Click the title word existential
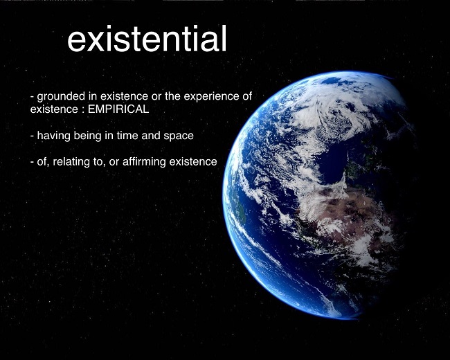click(147, 39)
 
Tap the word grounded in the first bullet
click(61, 97)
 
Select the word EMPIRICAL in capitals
click(118, 109)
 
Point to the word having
click(54, 136)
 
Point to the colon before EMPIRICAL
click(82, 110)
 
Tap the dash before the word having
click(32, 136)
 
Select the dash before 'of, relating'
click(32, 162)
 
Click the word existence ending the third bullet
click(193, 161)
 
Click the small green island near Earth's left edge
click(242, 211)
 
